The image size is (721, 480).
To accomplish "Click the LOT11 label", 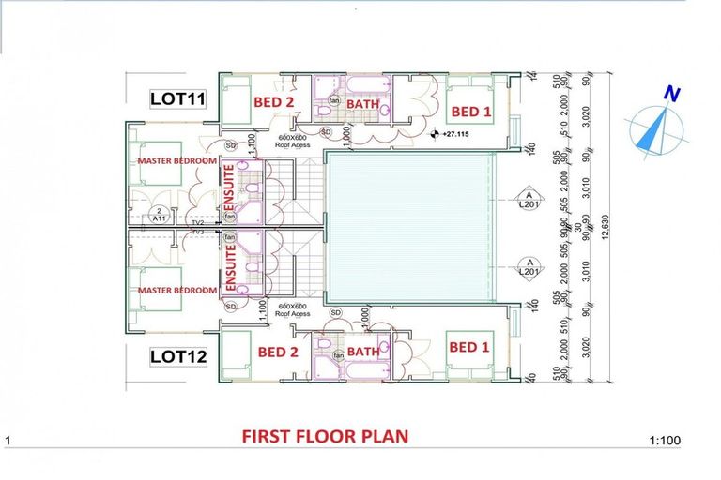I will click(178, 97).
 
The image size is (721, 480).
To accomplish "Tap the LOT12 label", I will click(178, 356).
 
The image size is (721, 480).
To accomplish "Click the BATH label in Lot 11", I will click(361, 104).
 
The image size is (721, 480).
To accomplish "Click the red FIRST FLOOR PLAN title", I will click(324, 436).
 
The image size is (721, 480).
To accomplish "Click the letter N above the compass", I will click(670, 94).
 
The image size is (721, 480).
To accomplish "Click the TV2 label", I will click(198, 221).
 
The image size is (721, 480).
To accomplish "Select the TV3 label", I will click(198, 231).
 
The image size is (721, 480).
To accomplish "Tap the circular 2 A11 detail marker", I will click(161, 214).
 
